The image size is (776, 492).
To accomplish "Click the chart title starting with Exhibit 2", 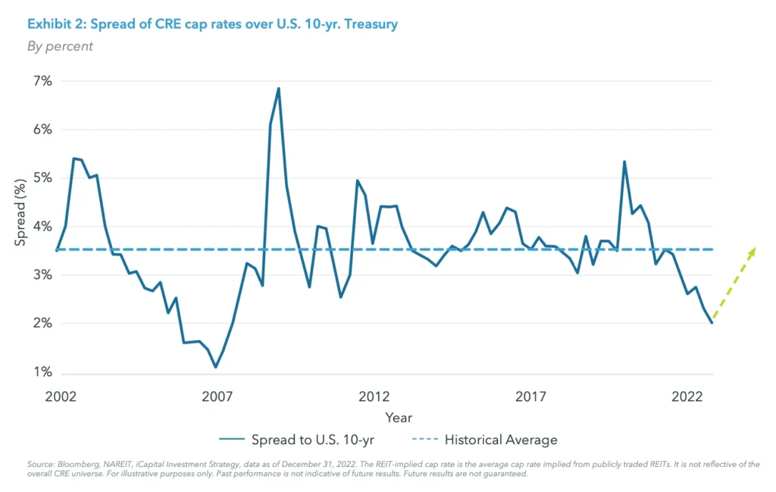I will [x=212, y=24].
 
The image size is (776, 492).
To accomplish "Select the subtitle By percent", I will [x=60, y=46].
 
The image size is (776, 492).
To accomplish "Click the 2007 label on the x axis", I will [x=217, y=396].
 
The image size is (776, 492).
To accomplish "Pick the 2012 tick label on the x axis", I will [x=374, y=396].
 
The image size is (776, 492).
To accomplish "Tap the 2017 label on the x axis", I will [x=531, y=396].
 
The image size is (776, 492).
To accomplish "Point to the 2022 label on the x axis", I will [x=688, y=396].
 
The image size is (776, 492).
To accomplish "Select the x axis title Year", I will [x=399, y=418].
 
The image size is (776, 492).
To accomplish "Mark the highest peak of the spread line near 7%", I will [x=279, y=89].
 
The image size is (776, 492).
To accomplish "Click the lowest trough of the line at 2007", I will [x=216, y=367].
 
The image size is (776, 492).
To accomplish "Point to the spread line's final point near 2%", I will [x=712, y=323].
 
